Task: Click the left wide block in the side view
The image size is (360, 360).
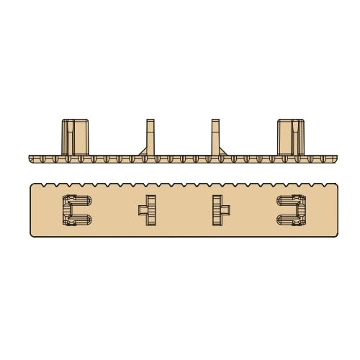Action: coord(75,137)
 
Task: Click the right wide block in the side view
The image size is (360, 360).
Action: coord(291,137)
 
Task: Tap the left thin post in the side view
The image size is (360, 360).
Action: coord(150,135)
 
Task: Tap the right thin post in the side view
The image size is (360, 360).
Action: coord(215,135)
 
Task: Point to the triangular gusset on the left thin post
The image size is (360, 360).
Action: coord(143,151)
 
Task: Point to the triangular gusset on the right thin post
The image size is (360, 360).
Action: coord(222,151)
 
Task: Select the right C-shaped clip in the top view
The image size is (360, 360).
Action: coord(292,210)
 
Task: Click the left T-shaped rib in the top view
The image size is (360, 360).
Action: coord(150,210)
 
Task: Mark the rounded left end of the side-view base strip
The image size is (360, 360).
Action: coord(31,158)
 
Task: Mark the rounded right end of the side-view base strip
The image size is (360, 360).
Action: coord(335,158)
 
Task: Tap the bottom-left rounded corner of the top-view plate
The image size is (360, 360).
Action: coord(33,234)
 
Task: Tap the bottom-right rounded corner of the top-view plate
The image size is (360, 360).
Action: coord(335,234)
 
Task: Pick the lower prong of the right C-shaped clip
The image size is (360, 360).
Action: coord(288,221)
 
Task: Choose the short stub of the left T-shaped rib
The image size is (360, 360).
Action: coord(143,210)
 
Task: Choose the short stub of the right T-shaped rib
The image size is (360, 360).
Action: coord(225,210)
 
